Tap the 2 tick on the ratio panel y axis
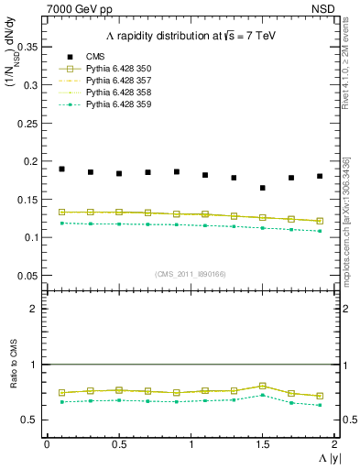pos(36,309)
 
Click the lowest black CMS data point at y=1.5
pos(262,188)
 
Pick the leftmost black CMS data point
pos(61,169)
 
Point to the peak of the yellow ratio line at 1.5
pos(262,386)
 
